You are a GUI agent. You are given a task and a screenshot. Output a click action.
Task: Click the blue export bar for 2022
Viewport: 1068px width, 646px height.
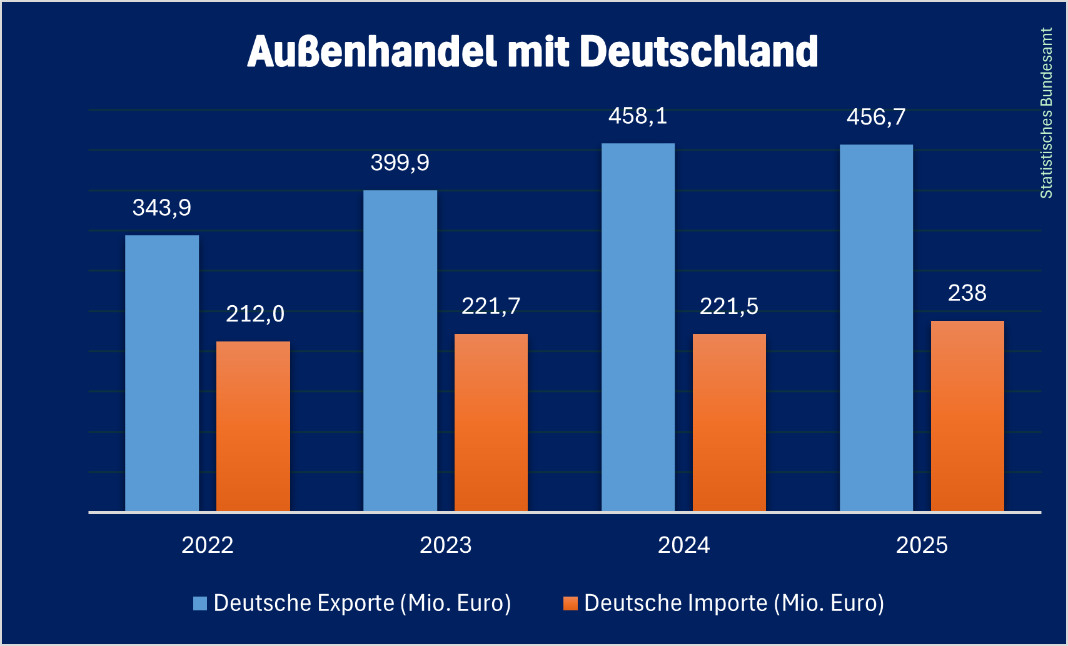pyautogui.click(x=162, y=373)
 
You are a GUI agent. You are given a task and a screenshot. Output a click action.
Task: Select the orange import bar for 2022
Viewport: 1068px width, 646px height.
pyautogui.click(x=253, y=426)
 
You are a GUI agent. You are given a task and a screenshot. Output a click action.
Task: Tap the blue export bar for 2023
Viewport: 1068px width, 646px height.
pyautogui.click(x=400, y=351)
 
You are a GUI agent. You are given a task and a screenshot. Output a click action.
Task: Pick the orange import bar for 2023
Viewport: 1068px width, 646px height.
pyautogui.click(x=491, y=423)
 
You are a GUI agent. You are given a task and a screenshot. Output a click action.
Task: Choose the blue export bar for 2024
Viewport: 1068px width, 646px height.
pyautogui.click(x=638, y=328)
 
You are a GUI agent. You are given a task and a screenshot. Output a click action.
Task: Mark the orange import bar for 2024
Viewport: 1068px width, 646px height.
pyautogui.click(x=729, y=423)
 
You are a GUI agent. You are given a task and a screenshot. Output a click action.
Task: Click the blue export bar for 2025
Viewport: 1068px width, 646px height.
pyautogui.click(x=876, y=328)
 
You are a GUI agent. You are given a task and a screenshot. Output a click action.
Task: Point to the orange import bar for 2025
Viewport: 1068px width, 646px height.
pyautogui.click(x=967, y=416)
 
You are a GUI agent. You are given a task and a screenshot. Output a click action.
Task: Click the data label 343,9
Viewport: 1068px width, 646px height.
pyautogui.click(x=162, y=208)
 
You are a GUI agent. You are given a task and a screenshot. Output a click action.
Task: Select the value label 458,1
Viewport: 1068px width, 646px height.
pyautogui.click(x=638, y=116)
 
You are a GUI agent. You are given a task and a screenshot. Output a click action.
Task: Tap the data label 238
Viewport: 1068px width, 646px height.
pyautogui.click(x=967, y=293)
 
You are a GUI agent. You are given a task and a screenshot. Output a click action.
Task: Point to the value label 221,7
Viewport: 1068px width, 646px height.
pyautogui.click(x=491, y=306)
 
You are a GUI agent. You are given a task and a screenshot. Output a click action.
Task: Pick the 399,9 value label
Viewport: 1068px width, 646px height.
pyautogui.click(x=400, y=163)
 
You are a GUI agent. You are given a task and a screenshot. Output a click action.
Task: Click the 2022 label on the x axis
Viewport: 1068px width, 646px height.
pyautogui.click(x=208, y=545)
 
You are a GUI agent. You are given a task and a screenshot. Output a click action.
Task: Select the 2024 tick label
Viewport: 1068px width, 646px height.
pyautogui.click(x=683, y=545)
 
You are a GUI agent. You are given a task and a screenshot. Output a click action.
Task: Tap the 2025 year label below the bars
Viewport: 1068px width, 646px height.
pyautogui.click(x=922, y=545)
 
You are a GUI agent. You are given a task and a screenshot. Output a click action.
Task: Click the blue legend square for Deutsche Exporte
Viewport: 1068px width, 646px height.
pyautogui.click(x=200, y=603)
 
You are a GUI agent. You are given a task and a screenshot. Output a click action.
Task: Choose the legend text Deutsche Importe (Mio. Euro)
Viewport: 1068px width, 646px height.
pyautogui.click(x=733, y=603)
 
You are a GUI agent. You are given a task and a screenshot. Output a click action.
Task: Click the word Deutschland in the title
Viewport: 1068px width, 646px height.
pyautogui.click(x=699, y=51)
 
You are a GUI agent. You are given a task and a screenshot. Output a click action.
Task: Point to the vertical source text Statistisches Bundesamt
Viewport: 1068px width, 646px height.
pyautogui.click(x=1046, y=113)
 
